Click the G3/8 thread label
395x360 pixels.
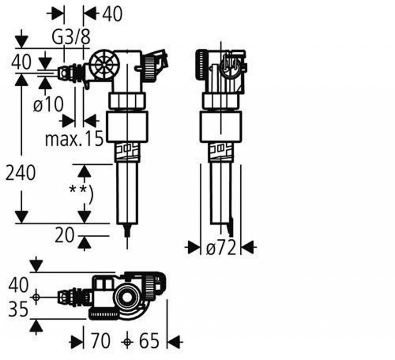[x=71, y=37]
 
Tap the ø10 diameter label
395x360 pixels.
[x=48, y=104]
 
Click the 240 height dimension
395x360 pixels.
[x=21, y=173]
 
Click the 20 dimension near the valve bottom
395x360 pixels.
[x=64, y=235]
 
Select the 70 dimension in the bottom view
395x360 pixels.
[x=101, y=341]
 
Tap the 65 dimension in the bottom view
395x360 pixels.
[x=149, y=341]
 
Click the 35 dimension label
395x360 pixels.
[x=18, y=309]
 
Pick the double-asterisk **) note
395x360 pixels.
[x=81, y=193]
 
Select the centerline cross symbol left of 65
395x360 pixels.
[x=127, y=341]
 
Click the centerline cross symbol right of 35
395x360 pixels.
[x=36, y=297]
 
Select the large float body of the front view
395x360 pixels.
[x=127, y=127]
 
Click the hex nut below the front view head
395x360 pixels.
[x=127, y=101]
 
